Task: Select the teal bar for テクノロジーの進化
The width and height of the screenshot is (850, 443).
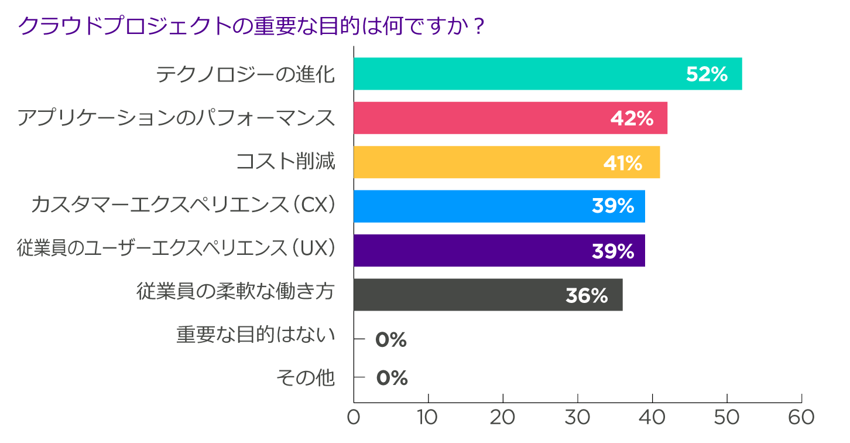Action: [x=547, y=74]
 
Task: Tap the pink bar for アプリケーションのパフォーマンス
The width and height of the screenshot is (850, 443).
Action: [x=510, y=118]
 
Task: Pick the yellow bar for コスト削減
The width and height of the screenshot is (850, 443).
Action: [x=506, y=162]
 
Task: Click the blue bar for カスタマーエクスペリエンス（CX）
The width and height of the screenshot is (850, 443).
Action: [x=499, y=206]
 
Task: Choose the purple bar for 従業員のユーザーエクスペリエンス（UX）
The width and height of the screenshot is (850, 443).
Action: [x=499, y=251]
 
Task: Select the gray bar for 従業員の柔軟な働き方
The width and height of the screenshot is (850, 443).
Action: [x=488, y=295]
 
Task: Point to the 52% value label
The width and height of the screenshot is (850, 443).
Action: [x=707, y=74]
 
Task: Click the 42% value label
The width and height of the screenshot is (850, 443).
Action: [x=632, y=118]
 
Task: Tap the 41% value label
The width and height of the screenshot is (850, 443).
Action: [x=623, y=163]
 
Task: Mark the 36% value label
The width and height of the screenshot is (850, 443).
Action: [x=587, y=296]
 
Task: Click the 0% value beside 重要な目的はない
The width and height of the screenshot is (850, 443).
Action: [x=391, y=340]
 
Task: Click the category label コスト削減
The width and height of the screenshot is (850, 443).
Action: [x=285, y=161]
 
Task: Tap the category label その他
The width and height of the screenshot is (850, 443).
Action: [x=306, y=378]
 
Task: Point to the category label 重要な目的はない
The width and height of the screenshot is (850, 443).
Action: [x=256, y=335]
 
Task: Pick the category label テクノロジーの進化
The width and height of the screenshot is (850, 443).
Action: [x=245, y=74]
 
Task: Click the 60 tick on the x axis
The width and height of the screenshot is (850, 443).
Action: [x=801, y=417]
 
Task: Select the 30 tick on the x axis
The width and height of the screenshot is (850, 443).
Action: [x=577, y=417]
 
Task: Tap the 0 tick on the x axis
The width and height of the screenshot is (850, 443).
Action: [x=354, y=417]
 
